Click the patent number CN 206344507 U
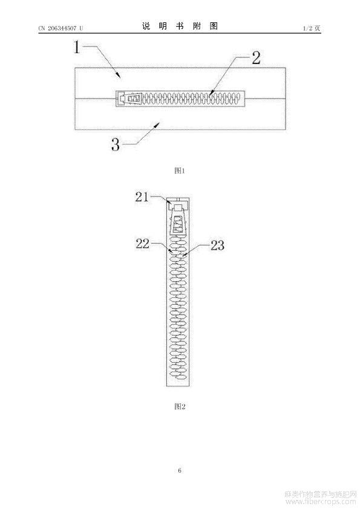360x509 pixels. pyautogui.click(x=61, y=28)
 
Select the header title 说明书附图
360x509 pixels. pyautogui.click(x=180, y=26)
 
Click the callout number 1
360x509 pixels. pyautogui.click(x=77, y=47)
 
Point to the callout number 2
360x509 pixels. pyautogui.click(x=256, y=59)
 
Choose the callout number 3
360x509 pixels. pyautogui.click(x=116, y=144)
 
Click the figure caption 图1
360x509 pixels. pyautogui.click(x=180, y=170)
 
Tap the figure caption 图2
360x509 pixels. pyautogui.click(x=180, y=406)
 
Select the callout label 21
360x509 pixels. pyautogui.click(x=142, y=196)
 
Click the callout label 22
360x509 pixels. pyautogui.click(x=142, y=244)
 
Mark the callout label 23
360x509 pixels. pyautogui.click(x=217, y=245)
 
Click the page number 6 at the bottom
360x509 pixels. pyautogui.click(x=180, y=470)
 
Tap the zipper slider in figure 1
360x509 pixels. pyautogui.click(x=131, y=99)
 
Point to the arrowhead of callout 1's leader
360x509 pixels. pyautogui.click(x=120, y=76)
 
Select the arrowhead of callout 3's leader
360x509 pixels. pyautogui.click(x=159, y=124)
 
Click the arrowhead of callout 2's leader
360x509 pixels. pyautogui.click(x=211, y=94)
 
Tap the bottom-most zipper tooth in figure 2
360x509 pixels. pyautogui.click(x=178, y=377)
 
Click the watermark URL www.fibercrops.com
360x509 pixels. pyautogui.click(x=320, y=502)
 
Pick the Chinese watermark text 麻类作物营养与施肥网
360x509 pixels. pyautogui.click(x=320, y=494)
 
